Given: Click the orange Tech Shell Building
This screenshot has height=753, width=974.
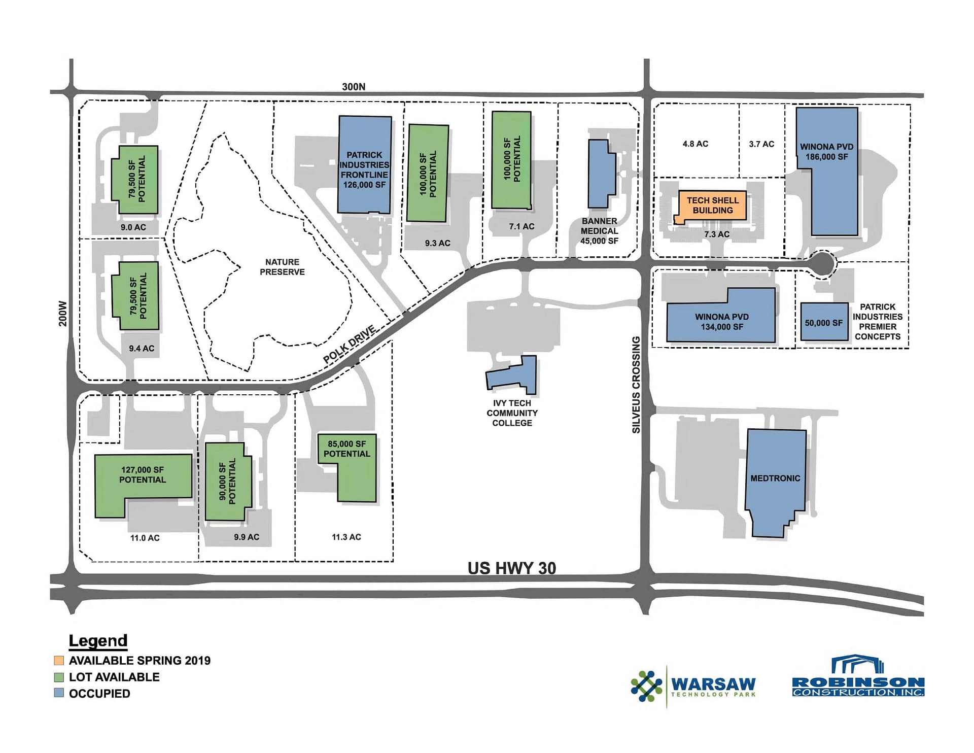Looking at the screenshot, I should [x=712, y=206].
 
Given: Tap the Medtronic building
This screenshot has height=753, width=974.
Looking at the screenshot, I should [x=775, y=482].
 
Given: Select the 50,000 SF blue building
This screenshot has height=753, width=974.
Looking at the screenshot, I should [x=824, y=322].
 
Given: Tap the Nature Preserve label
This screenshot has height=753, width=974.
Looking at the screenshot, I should [x=282, y=267].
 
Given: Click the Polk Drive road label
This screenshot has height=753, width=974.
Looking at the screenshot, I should [x=350, y=345].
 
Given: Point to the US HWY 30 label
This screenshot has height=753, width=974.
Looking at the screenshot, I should [x=511, y=568].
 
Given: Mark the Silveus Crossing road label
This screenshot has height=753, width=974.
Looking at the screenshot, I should [x=636, y=385].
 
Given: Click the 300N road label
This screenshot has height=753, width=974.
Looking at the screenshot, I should [x=354, y=87].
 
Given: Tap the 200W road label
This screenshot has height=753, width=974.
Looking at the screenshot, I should [x=62, y=314].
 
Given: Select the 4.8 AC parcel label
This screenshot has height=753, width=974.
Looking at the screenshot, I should [x=695, y=144].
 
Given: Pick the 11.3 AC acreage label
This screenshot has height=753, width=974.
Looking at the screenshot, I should [x=346, y=537].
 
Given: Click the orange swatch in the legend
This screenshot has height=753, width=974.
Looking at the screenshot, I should [x=59, y=660].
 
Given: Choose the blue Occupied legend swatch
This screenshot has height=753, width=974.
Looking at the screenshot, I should [x=59, y=693].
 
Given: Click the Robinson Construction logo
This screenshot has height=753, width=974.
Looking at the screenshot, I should [x=858, y=677].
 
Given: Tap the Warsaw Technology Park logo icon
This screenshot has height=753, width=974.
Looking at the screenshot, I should [x=646, y=687].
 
